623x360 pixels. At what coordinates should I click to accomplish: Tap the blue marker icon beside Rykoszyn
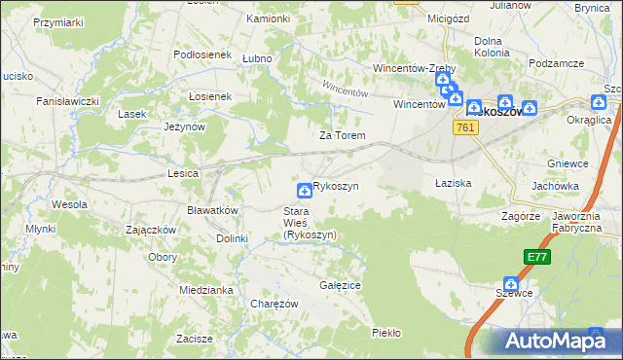pyautogui.click(x=305, y=188)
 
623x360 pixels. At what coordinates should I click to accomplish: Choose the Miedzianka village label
pyautogui.click(x=203, y=290)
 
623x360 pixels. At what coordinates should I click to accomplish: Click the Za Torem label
pyautogui.click(x=342, y=135)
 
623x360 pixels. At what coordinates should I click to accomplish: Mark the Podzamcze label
pyautogui.click(x=557, y=62)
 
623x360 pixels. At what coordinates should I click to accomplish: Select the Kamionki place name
pyautogui.click(x=268, y=18)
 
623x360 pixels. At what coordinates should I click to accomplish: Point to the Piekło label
pyautogui.click(x=385, y=333)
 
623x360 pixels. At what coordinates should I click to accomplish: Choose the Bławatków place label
pyautogui.click(x=212, y=210)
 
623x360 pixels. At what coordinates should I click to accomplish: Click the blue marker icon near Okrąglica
pyautogui.click(x=599, y=101)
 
